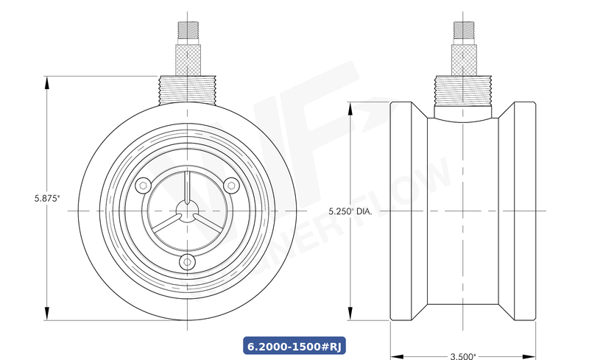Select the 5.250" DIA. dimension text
click(350, 211)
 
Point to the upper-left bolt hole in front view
click(145, 184)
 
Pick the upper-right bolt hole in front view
click(231, 184)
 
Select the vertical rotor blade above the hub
click(188, 188)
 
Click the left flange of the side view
click(403, 211)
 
